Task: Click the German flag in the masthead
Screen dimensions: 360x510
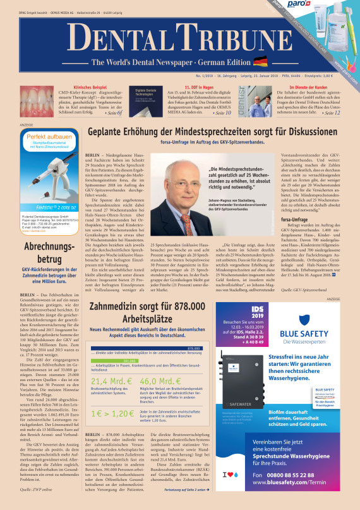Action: (260, 61)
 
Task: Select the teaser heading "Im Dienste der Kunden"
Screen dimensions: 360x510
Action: (312, 87)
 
